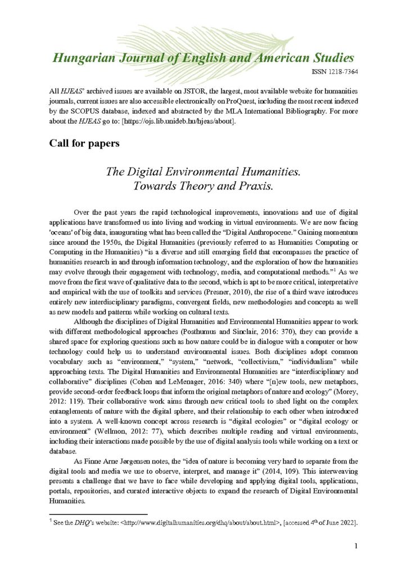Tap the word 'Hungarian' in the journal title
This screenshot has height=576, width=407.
(x=81, y=58)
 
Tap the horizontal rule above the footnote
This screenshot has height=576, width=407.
(x=98, y=513)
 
